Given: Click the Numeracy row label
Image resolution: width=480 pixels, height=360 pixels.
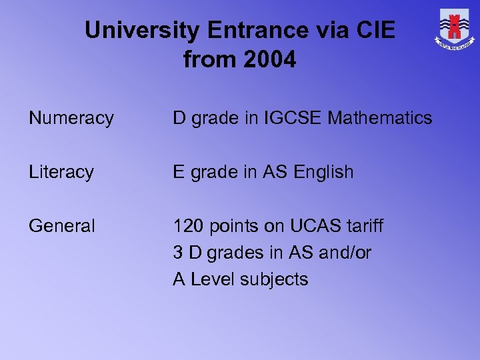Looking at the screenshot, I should point(71,119).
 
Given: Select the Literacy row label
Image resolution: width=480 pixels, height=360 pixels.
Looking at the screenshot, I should point(61,172).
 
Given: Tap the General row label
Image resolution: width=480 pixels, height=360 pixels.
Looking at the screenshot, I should point(62,226).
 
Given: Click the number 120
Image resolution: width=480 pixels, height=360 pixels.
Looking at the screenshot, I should point(187,226).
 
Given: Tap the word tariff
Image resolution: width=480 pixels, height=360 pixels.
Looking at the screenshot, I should point(365,226).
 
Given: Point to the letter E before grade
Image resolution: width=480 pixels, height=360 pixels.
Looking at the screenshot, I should point(179,172).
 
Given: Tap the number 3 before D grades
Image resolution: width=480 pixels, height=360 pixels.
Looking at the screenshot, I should point(178,253).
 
